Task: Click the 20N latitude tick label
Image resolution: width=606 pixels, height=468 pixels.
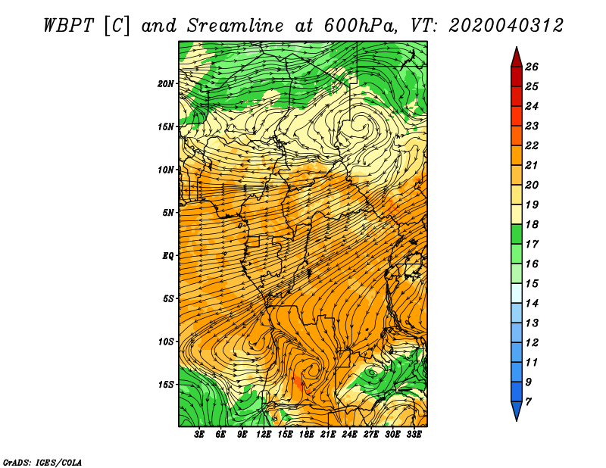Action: point(166,83)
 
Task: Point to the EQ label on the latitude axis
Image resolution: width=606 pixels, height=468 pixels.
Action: point(168,255)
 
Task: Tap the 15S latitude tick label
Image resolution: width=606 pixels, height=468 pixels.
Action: point(166,385)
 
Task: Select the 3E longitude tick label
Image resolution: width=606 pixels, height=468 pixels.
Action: point(199,435)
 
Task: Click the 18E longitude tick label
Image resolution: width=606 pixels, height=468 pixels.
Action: point(307,435)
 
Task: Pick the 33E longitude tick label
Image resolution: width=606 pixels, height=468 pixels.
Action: point(414,435)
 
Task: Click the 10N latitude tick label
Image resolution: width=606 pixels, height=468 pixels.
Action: point(166,170)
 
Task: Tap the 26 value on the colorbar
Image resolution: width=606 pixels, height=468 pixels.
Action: point(532,67)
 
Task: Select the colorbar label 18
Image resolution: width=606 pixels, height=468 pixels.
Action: point(532,224)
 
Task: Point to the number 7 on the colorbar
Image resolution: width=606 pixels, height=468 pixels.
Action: point(529,402)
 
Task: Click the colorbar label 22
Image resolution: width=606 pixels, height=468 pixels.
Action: point(532,145)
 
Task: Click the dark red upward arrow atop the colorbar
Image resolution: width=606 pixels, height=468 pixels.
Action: point(517,58)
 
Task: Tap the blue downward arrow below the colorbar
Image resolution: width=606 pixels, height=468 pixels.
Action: point(517,411)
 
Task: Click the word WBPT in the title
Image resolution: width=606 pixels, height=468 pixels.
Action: point(68,26)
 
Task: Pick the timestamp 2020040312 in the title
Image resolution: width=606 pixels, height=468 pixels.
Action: point(506,26)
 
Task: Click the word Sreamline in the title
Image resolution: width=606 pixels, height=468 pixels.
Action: point(236,26)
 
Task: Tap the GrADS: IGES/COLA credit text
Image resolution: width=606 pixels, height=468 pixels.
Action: point(42,462)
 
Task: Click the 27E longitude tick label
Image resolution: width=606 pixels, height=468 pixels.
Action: point(371,435)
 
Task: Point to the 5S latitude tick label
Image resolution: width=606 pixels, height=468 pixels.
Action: point(168,298)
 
